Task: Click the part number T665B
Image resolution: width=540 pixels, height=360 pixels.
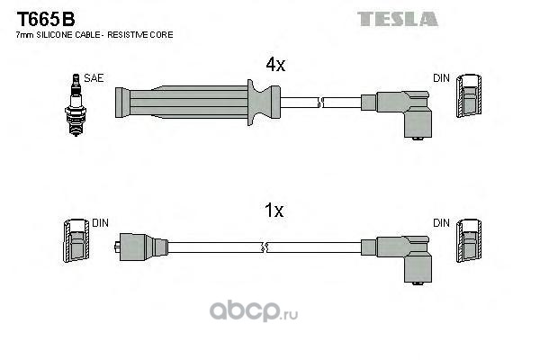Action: click(x=43, y=18)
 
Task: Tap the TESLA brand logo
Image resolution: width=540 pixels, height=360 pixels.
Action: click(x=397, y=18)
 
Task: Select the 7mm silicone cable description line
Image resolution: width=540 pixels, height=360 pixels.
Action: click(x=94, y=34)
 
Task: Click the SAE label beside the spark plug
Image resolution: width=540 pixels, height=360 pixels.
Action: click(x=93, y=78)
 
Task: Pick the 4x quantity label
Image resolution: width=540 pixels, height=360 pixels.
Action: click(x=274, y=65)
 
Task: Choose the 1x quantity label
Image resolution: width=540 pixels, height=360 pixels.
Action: click(x=274, y=211)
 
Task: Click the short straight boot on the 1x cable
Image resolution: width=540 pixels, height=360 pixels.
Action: click(x=141, y=246)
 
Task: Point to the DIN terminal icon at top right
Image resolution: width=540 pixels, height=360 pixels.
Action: click(x=467, y=96)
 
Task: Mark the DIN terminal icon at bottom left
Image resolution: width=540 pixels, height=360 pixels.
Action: click(x=75, y=242)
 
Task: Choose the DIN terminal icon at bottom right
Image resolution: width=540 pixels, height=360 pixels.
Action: click(x=467, y=242)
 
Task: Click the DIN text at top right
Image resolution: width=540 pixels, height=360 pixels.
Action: click(x=441, y=78)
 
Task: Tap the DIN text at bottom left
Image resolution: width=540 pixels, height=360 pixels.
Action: click(x=100, y=222)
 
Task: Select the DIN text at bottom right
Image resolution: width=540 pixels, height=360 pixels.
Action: click(x=441, y=222)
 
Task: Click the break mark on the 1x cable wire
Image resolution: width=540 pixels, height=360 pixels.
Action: click(x=262, y=246)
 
